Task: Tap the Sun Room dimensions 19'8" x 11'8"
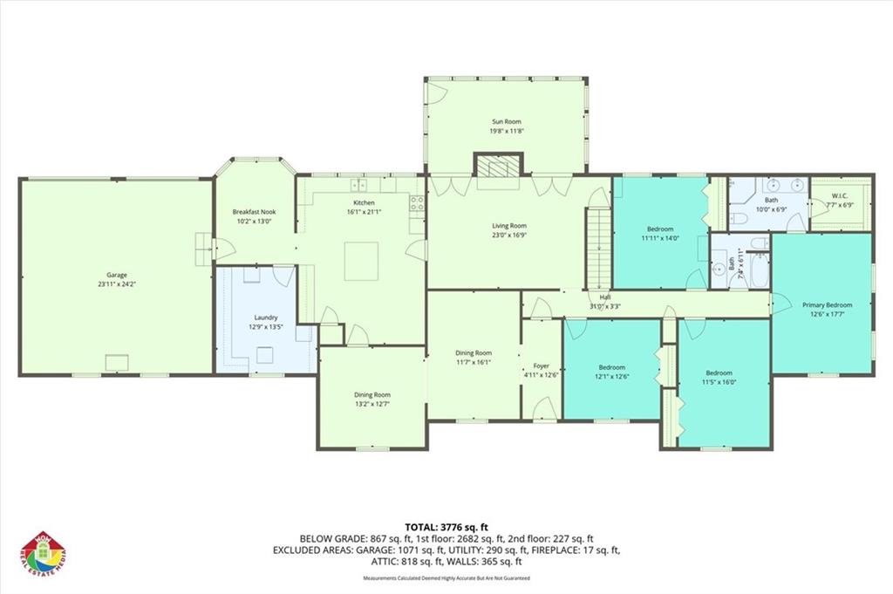point(507,132)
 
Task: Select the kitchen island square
point(361,261)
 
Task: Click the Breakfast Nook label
point(255,212)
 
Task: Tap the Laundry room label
point(265,317)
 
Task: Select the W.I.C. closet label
point(840,195)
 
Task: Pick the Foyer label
point(540,365)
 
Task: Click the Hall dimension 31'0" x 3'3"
point(604,306)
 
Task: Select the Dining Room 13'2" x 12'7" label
point(372,394)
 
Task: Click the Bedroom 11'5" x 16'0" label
point(719,372)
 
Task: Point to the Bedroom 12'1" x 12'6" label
point(611,367)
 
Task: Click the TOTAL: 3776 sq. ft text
point(446,527)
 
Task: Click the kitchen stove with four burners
point(417,204)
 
